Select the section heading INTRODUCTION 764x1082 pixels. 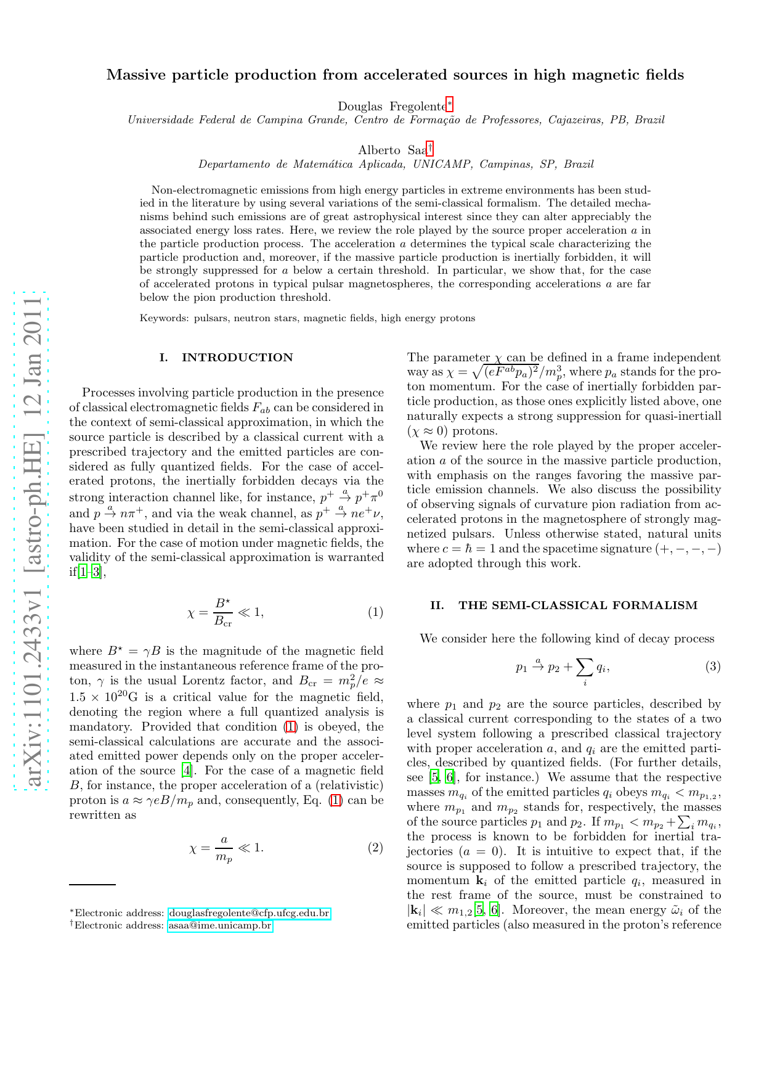[237, 358]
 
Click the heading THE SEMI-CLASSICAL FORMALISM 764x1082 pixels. [578, 605]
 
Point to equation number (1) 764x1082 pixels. [375, 612]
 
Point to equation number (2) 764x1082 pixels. [375, 848]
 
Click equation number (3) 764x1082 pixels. [713, 666]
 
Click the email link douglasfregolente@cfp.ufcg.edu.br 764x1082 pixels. [249, 913]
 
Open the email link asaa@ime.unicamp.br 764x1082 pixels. [220, 925]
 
